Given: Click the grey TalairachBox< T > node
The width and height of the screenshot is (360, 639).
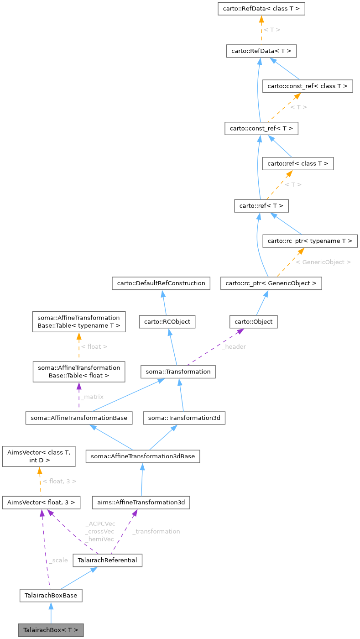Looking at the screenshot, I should point(51,630).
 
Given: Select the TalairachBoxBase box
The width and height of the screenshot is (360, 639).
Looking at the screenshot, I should point(51,596).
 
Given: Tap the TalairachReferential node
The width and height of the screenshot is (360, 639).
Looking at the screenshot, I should point(107,560).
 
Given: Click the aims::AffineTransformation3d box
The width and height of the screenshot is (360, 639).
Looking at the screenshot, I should point(141,503).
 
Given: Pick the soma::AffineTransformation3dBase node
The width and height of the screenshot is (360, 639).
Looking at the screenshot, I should point(142,456).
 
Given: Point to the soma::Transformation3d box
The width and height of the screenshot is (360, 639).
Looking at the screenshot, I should point(184,418).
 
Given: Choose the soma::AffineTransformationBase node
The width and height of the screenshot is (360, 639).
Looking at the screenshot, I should point(79,418).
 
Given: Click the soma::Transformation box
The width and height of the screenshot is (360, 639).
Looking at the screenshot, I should point(178,372).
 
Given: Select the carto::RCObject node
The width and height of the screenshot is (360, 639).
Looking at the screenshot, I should point(167,322).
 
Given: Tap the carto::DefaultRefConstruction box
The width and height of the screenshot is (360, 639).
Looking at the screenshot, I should point(161,283).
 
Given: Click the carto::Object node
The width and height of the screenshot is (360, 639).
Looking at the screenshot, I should point(253,322).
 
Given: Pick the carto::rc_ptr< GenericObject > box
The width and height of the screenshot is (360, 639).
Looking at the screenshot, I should point(271,283).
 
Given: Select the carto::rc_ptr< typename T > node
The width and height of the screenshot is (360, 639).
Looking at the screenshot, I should point(310,241).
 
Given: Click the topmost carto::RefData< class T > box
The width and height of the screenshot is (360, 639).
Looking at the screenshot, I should point(261,8).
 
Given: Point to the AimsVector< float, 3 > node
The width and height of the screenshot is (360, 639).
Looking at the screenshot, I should point(41,503).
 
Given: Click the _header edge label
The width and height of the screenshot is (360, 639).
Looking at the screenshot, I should point(234,346).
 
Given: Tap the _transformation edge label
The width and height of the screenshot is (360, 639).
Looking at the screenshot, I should point(156,531).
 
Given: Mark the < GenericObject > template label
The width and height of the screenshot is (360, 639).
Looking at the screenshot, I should point(323,262).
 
